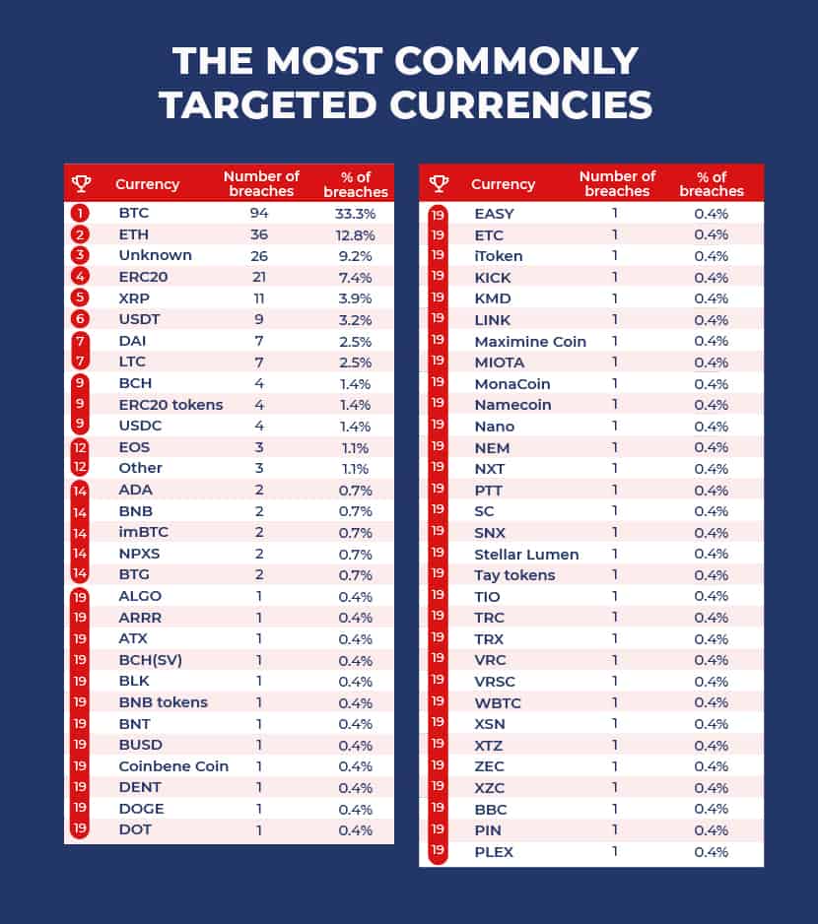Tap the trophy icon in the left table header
coord(81,183)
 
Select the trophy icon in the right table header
coord(439,183)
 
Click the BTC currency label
coord(133,213)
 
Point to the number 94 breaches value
coord(259,213)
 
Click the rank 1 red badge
coord(80,213)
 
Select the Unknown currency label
coord(155,255)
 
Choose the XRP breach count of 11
coord(259,298)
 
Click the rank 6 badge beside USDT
coord(80,319)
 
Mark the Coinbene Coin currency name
coord(173,766)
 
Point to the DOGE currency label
coord(141,809)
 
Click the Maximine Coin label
coord(530,341)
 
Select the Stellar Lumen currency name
coord(526,555)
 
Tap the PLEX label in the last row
coord(494,852)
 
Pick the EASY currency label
coord(494,214)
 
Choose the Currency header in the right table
coord(503,184)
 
